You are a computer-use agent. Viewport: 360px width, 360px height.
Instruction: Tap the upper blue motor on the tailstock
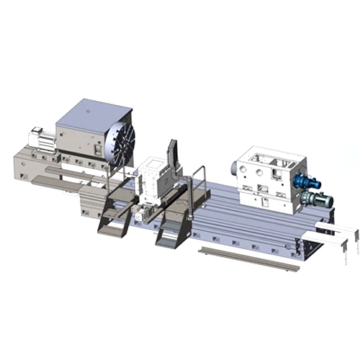(x=305, y=181)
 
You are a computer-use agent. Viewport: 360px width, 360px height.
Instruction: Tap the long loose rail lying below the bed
(x=248, y=258)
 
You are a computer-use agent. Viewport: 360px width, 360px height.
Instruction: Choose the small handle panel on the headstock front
(x=96, y=149)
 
